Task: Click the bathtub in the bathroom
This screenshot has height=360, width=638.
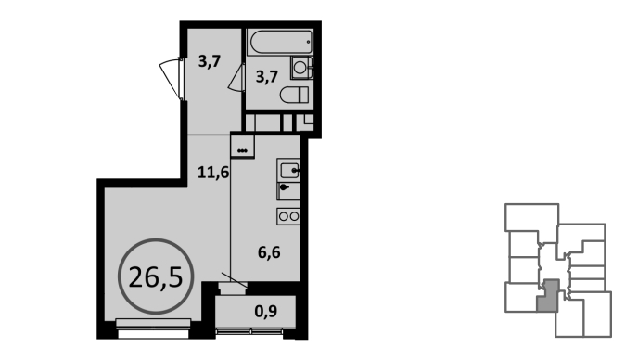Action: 280,42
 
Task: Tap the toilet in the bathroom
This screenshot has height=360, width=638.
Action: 294,95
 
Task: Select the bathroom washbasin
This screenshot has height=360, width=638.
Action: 301,68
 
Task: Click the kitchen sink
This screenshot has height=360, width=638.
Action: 288,170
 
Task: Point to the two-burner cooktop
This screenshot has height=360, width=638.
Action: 288,216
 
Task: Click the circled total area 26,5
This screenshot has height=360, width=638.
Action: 156,276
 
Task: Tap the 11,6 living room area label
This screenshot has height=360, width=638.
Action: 213,173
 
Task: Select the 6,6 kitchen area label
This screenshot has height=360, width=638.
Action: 269,252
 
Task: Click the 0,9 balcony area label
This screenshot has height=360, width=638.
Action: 266,312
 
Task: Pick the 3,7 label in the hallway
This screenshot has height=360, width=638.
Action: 210,61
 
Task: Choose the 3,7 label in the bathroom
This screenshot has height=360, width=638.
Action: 266,77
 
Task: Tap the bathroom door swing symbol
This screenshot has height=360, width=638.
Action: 236,78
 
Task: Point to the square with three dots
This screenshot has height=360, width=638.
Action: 242,146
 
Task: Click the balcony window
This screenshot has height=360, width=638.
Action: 249,332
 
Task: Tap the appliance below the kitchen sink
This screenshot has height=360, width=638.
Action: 288,191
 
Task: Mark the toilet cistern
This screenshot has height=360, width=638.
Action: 304,95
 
